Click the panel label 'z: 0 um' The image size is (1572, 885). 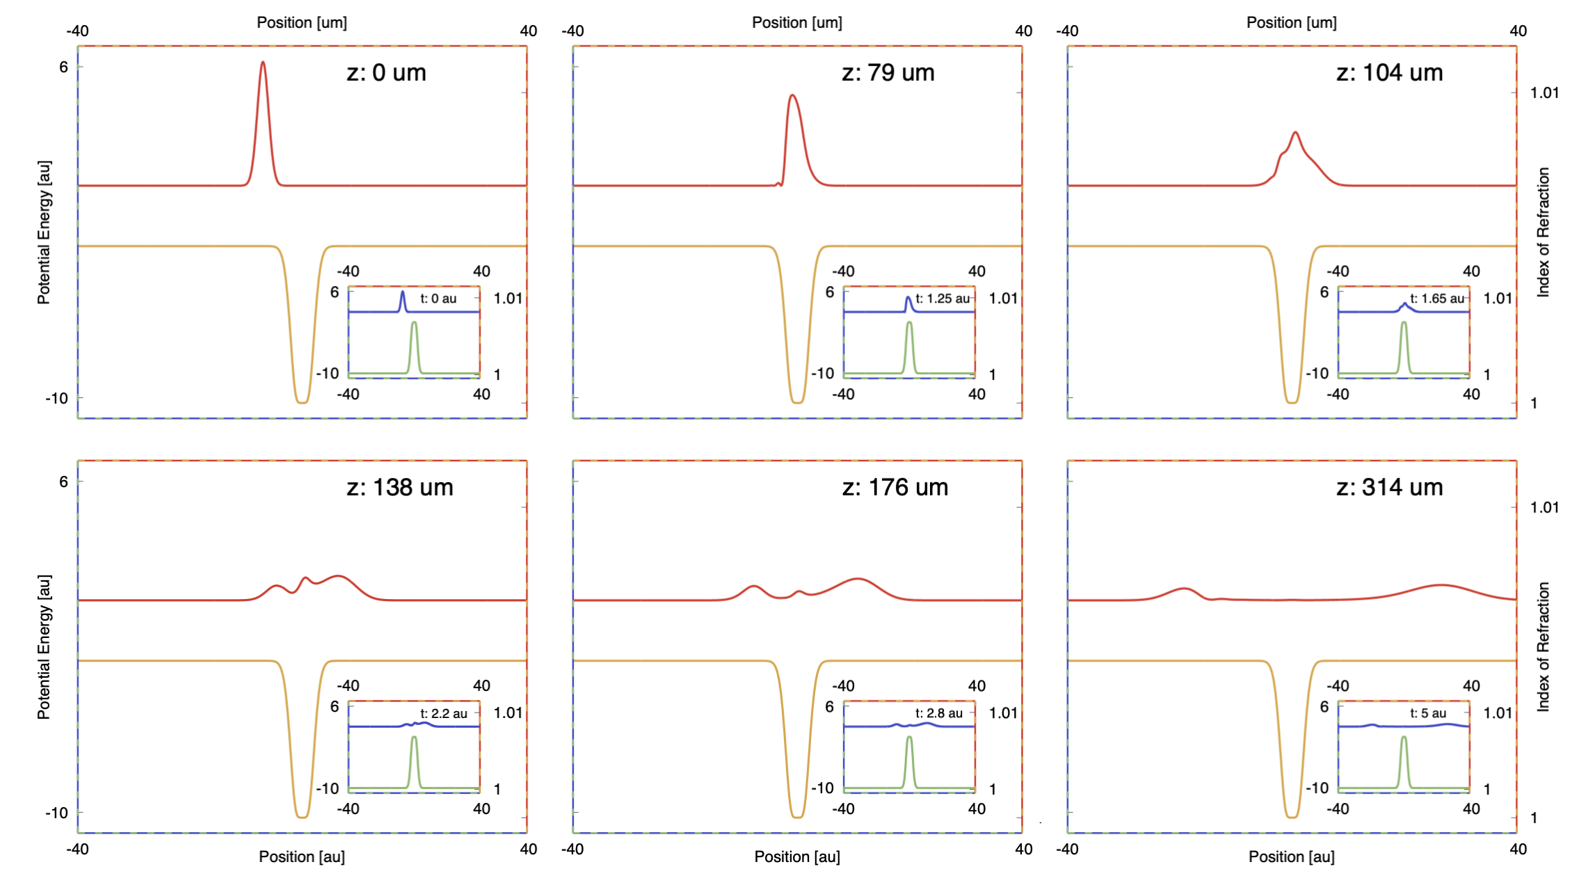pyautogui.click(x=386, y=72)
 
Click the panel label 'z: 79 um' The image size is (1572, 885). pyautogui.click(x=888, y=72)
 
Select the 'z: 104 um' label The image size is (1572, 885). pyautogui.click(x=1389, y=72)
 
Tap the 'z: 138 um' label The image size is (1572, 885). pyautogui.click(x=399, y=487)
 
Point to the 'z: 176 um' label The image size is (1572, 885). pyautogui.click(x=895, y=487)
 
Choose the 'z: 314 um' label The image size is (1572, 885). pyautogui.click(x=1389, y=487)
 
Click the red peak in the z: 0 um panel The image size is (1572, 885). pyautogui.click(x=263, y=63)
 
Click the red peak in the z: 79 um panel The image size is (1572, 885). pyautogui.click(x=792, y=96)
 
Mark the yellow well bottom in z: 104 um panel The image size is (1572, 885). pyautogui.click(x=1292, y=401)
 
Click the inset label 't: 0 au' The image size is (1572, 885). pyautogui.click(x=438, y=298)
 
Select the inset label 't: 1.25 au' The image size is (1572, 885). pyautogui.click(x=942, y=298)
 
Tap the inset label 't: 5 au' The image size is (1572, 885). pyautogui.click(x=1428, y=713)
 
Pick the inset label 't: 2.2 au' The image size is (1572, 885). pyautogui.click(x=444, y=713)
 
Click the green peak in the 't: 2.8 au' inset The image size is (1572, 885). pyautogui.click(x=909, y=738)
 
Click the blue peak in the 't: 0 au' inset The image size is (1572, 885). pyautogui.click(x=402, y=293)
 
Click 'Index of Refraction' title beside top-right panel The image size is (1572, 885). pyautogui.click(x=1543, y=232)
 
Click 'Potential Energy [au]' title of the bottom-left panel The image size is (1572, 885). pyautogui.click(x=44, y=646)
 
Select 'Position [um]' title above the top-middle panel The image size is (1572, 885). pyautogui.click(x=796, y=22)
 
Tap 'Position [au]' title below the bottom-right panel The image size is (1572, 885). pyautogui.click(x=1291, y=856)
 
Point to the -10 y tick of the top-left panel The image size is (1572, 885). pyautogui.click(x=57, y=399)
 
